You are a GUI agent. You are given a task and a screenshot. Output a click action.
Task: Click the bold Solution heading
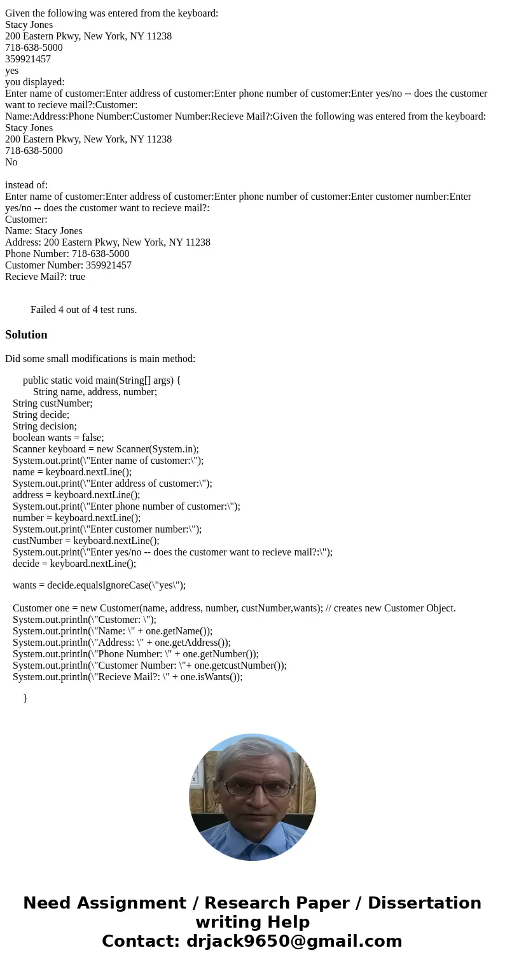click(x=26, y=335)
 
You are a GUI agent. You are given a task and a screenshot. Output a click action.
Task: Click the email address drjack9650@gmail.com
click(x=294, y=941)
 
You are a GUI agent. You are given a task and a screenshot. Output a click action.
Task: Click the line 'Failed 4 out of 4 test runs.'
click(x=83, y=310)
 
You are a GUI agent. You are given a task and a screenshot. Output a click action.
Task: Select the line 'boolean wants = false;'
click(x=58, y=438)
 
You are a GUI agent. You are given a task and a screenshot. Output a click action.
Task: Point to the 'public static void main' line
click(x=102, y=380)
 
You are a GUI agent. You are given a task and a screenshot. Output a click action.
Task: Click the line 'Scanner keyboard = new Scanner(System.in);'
click(x=106, y=449)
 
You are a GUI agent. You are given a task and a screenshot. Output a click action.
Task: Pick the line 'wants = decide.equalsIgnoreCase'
click(x=99, y=585)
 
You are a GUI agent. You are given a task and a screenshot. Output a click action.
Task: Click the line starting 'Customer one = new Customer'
click(x=234, y=608)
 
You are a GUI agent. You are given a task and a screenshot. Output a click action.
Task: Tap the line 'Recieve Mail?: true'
click(x=45, y=277)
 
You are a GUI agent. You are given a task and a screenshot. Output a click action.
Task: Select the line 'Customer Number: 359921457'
click(x=68, y=265)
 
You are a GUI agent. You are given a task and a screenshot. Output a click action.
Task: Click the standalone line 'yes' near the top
click(x=11, y=71)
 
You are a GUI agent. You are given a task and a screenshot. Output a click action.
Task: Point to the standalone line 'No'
click(x=11, y=162)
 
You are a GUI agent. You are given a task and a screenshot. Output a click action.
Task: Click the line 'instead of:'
click(x=26, y=185)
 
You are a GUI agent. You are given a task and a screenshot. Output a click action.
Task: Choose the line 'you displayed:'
click(x=34, y=82)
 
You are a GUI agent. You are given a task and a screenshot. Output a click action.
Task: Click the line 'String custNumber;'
click(x=52, y=403)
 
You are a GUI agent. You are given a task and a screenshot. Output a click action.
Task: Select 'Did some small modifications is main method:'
click(x=100, y=359)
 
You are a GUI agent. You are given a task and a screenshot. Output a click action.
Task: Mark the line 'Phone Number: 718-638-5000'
click(x=67, y=254)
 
